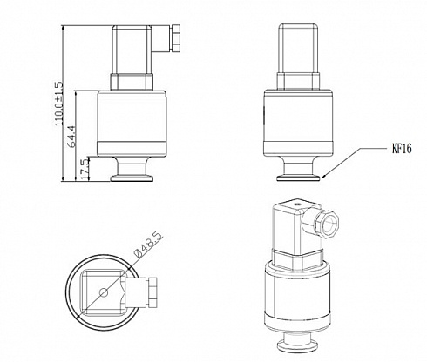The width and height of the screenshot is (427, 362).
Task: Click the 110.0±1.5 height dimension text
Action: (59, 104)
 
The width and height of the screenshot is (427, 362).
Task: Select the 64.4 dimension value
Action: (71, 137)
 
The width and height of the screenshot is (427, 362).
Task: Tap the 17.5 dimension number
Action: (85, 169)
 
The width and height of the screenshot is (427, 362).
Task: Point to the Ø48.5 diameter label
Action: (147, 245)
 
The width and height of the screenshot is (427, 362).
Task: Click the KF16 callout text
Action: (402, 149)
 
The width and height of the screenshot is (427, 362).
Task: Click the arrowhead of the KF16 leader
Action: (323, 176)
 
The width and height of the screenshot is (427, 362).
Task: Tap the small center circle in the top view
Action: (104, 293)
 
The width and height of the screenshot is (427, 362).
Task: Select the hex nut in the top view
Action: (152, 292)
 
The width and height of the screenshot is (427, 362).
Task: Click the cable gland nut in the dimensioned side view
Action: (176, 38)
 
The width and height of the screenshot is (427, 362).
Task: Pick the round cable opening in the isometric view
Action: (329, 224)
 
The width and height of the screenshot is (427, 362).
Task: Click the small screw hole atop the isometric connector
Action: (296, 204)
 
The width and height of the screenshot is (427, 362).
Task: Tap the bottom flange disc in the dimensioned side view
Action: (132, 178)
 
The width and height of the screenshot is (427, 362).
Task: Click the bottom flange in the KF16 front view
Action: (298, 178)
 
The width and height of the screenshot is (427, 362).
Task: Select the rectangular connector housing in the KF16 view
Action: (298, 48)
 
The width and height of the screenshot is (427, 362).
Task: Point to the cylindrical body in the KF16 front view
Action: (298, 124)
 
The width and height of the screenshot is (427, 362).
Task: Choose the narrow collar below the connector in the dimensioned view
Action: (132, 82)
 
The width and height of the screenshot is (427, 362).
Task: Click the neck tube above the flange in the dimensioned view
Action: (132, 165)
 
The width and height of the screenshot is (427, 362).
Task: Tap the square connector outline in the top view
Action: (102, 292)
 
